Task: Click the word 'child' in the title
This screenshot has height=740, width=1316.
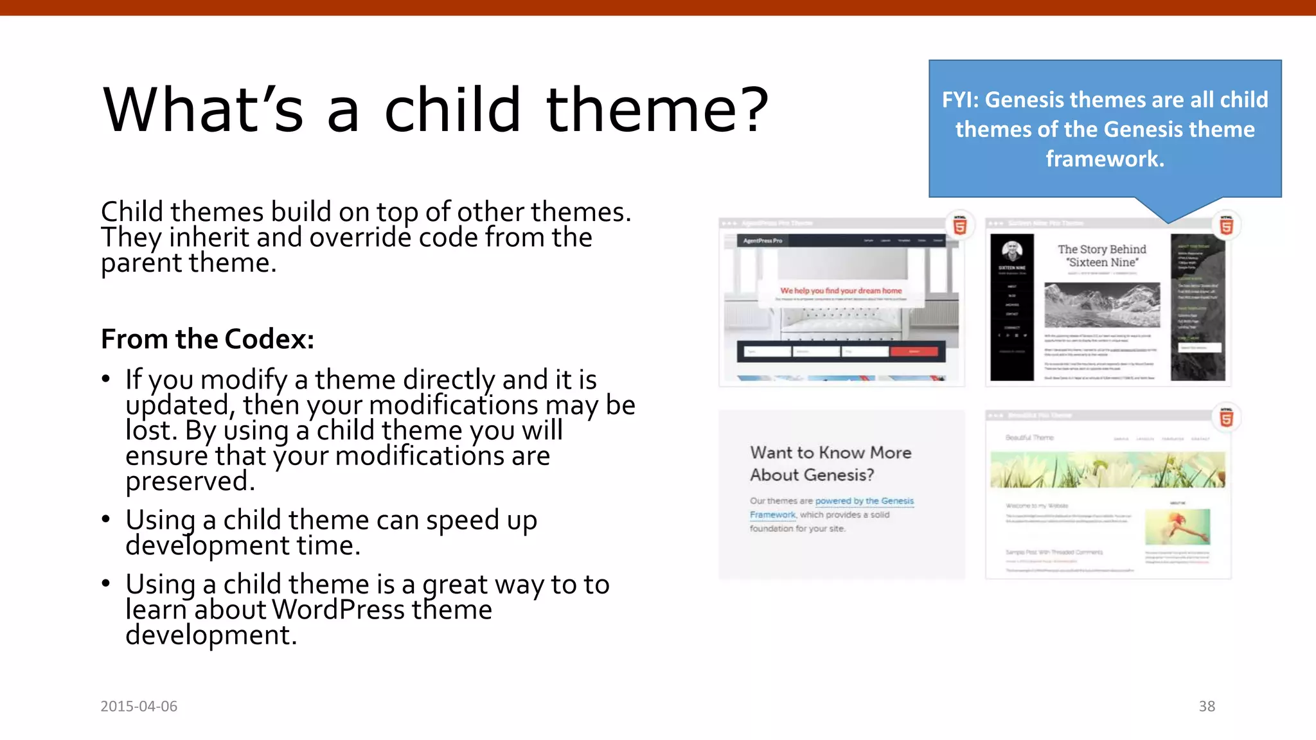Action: coord(452,110)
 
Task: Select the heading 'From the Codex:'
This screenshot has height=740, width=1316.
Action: coord(208,339)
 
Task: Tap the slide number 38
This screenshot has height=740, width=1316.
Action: coord(1207,706)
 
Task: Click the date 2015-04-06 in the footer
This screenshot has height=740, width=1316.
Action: coord(139,706)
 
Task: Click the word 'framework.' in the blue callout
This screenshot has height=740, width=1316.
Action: coord(1105,159)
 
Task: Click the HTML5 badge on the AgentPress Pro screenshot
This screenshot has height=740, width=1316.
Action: coord(960,226)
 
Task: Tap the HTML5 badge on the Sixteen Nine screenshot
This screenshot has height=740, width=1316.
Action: coord(1226,226)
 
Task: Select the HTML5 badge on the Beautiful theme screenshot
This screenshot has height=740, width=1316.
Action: coord(1226,418)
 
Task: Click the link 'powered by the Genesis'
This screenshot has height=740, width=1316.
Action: coord(864,501)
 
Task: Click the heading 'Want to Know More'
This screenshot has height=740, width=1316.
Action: coord(830,453)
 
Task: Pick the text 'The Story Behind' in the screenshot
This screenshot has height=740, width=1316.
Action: coord(1101,249)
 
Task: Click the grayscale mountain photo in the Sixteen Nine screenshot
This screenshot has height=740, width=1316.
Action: coord(1102,305)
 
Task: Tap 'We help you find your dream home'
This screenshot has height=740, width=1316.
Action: coord(840,291)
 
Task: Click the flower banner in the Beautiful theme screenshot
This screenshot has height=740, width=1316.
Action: coord(1107,470)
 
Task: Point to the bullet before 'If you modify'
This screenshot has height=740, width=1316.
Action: coord(106,379)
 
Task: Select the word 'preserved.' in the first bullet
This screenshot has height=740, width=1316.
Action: coord(190,481)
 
